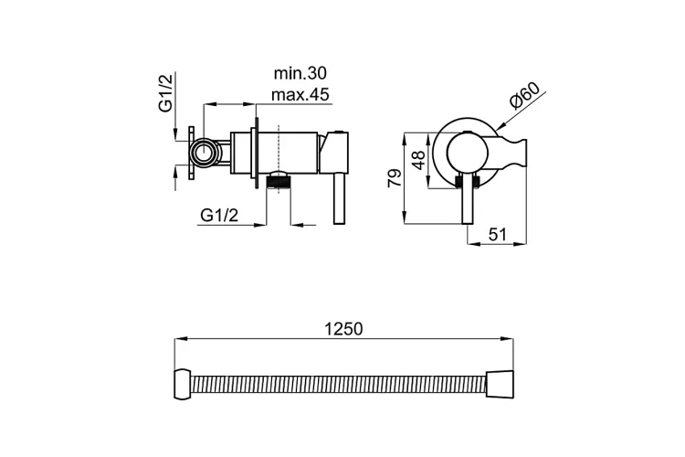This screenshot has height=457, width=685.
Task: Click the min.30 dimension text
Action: click(x=300, y=73)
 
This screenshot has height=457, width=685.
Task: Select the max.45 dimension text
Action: click(x=300, y=94)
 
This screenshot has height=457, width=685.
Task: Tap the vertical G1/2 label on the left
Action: click(x=165, y=92)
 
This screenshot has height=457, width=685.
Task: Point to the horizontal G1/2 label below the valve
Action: click(x=219, y=215)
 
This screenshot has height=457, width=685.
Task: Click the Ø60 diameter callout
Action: click(x=524, y=95)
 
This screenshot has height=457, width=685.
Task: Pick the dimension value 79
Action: click(x=395, y=177)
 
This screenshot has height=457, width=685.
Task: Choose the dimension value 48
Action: click(x=418, y=160)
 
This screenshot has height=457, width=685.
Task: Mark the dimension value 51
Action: click(x=497, y=234)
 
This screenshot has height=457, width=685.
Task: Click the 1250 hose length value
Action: click(x=343, y=329)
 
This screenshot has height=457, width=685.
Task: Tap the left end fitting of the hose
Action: click(x=183, y=385)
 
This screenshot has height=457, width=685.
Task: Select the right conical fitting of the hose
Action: click(x=500, y=385)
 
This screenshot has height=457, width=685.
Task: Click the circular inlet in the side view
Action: click(x=204, y=153)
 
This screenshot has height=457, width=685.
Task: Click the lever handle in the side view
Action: click(x=340, y=199)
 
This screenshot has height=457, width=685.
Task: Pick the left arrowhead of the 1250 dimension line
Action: click(x=181, y=338)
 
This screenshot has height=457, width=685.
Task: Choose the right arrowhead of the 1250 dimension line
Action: click(x=507, y=338)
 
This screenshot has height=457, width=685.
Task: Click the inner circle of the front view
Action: click(x=467, y=153)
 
